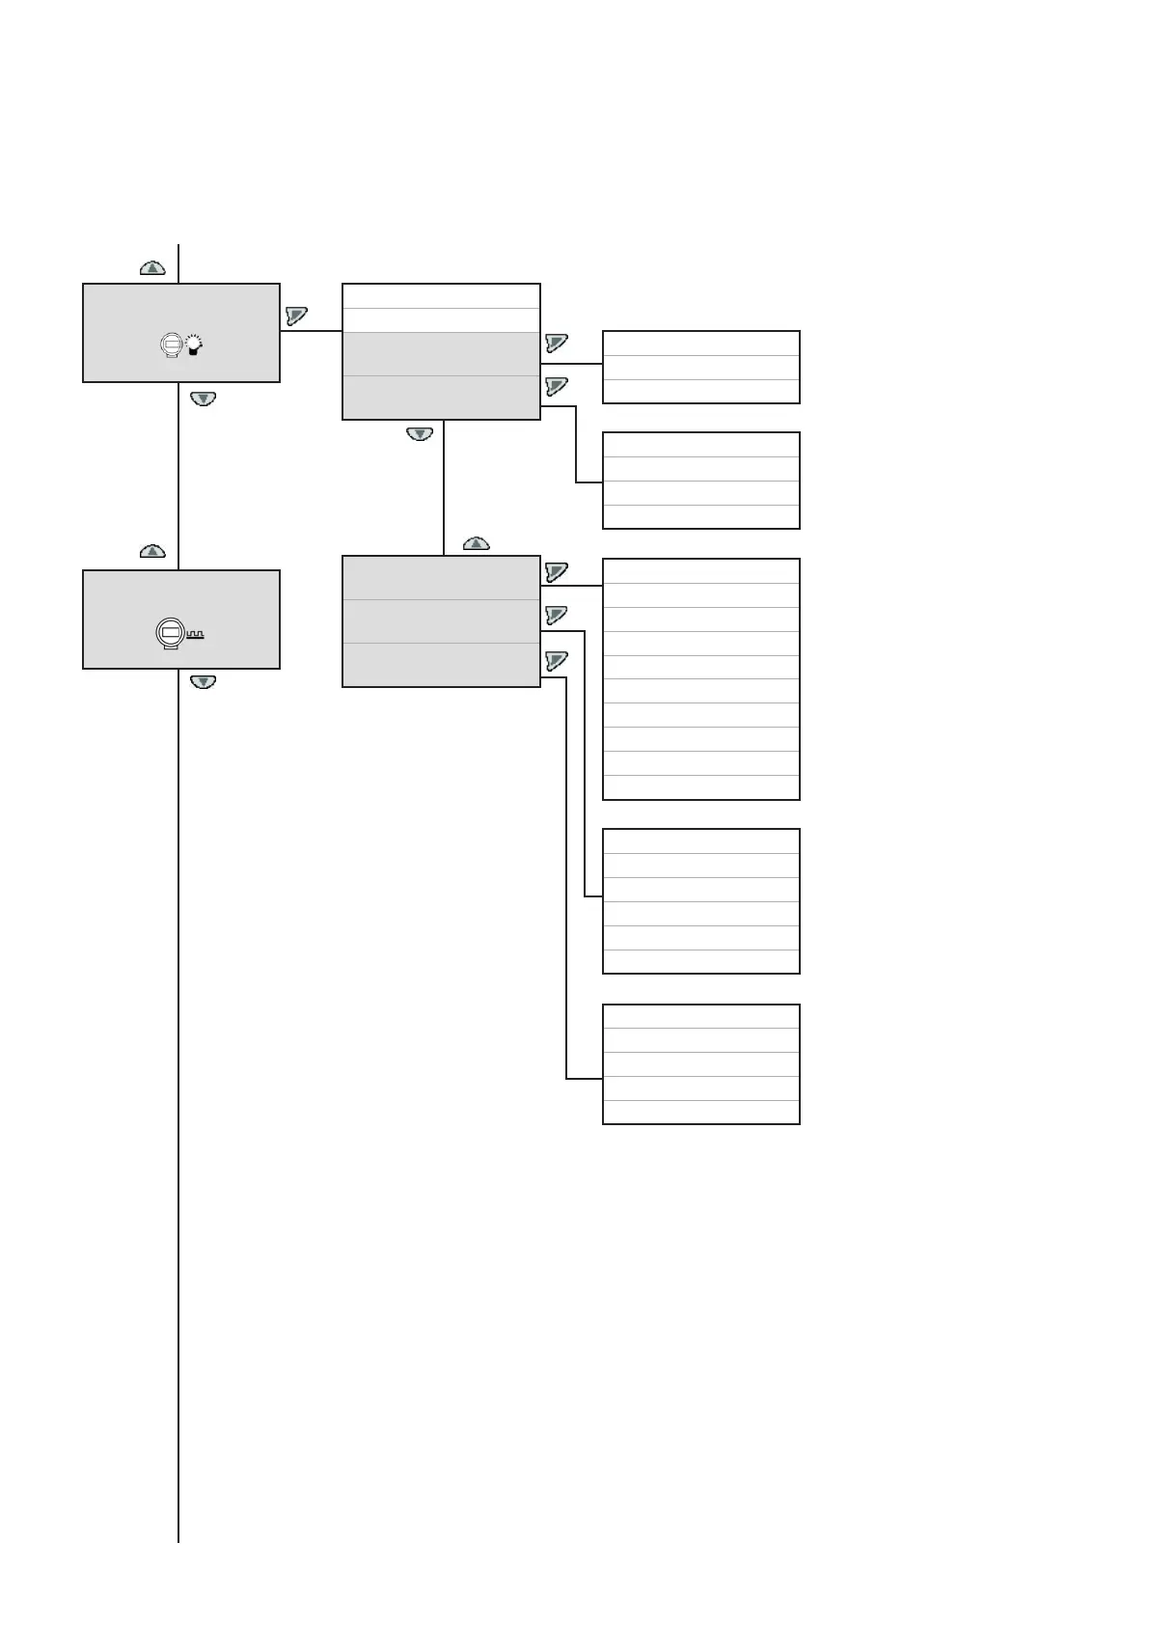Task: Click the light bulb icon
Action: (194, 344)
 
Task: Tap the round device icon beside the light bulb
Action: (171, 344)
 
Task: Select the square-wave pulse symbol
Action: (195, 635)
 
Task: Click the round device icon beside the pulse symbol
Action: (170, 633)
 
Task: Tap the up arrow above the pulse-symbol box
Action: (152, 552)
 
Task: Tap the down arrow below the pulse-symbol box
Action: (203, 681)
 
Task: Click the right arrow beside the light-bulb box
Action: (296, 316)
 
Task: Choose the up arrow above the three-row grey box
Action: (477, 543)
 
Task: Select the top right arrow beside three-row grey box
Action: (556, 572)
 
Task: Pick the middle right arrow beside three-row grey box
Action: (556, 615)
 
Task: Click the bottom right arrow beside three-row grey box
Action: (556, 660)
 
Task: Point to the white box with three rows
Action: (700, 367)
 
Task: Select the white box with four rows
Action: (700, 481)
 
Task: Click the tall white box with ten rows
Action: (700, 678)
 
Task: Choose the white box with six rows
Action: (700, 900)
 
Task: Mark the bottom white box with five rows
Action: (700, 1063)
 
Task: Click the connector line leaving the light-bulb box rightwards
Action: (311, 331)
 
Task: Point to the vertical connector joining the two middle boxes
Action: (444, 487)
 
